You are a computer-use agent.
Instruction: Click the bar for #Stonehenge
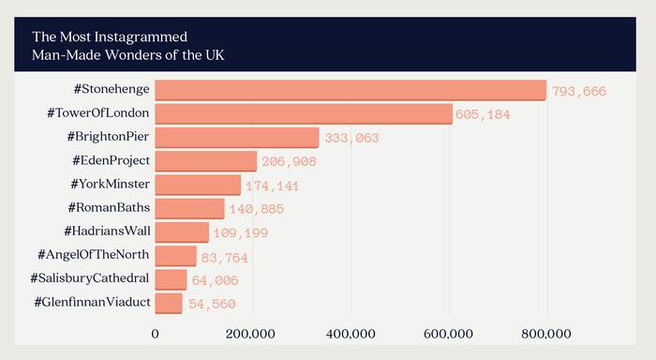tap(350, 90)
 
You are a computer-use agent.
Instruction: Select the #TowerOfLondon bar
tap(303, 113)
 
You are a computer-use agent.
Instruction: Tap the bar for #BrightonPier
tap(236, 137)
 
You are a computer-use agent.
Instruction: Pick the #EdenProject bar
tap(205, 161)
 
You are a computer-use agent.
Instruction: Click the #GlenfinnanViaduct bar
tap(169, 303)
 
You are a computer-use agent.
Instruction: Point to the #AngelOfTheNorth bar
tap(175, 256)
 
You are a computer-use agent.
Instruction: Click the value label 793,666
tap(579, 92)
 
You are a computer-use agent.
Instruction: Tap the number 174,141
tap(273, 186)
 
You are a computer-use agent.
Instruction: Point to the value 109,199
tap(241, 233)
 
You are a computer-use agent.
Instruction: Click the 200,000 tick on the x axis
tap(252, 333)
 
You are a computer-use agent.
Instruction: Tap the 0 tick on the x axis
tap(155, 333)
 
